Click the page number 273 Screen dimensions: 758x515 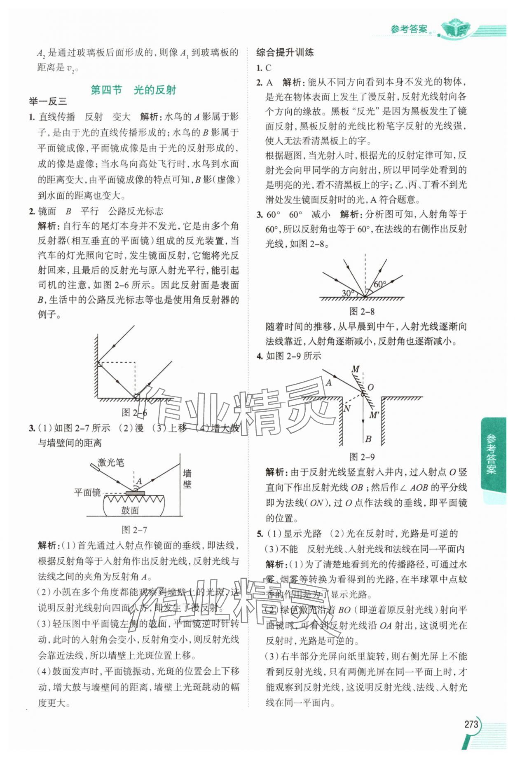click(x=471, y=724)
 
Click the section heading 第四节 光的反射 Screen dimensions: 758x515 click(x=133, y=90)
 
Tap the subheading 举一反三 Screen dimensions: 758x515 click(x=47, y=102)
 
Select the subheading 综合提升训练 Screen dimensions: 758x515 click(x=285, y=52)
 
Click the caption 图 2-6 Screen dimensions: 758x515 click(x=134, y=413)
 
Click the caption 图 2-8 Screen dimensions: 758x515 click(x=362, y=312)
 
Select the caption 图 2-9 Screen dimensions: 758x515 click(x=362, y=457)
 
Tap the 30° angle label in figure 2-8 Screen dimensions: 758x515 click(x=348, y=293)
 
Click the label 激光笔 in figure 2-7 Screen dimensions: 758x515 click(x=110, y=462)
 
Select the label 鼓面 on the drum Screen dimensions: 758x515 click(x=130, y=510)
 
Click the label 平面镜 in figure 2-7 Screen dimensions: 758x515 click(x=87, y=492)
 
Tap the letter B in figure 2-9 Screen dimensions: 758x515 click(x=368, y=439)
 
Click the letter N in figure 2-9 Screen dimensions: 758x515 click(x=346, y=408)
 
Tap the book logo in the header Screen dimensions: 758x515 click(x=455, y=28)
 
